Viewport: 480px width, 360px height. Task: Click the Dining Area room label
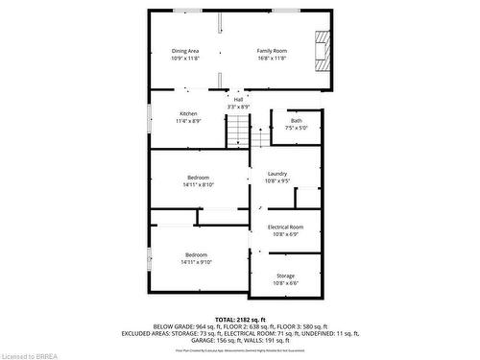[x=185, y=50]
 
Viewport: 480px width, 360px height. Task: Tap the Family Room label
[x=272, y=50]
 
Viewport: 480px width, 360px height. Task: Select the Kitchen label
[x=188, y=114]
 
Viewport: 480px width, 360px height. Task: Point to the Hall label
[x=238, y=99]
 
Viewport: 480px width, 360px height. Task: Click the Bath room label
[x=296, y=121]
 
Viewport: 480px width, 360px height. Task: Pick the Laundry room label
[x=277, y=174]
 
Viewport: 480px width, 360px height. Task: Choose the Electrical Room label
[x=285, y=227]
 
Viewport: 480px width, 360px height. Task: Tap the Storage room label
[x=286, y=276]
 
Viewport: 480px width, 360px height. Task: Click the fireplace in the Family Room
[x=323, y=50]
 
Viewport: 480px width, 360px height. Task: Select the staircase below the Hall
[x=238, y=131]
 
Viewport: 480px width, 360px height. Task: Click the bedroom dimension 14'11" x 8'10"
[x=199, y=185]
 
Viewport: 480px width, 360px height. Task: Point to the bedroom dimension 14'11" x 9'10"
[x=199, y=261]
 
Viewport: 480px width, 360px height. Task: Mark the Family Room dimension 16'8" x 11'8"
[x=272, y=59]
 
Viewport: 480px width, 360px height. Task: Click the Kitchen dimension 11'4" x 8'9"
[x=188, y=122]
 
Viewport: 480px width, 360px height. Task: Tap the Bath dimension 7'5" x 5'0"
[x=296, y=129]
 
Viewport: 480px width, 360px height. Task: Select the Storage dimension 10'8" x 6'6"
[x=286, y=283]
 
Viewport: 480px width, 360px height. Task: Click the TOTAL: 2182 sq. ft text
[x=239, y=318]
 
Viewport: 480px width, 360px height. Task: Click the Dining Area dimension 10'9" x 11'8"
[x=185, y=59]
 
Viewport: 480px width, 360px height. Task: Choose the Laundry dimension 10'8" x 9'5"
[x=277, y=181]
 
